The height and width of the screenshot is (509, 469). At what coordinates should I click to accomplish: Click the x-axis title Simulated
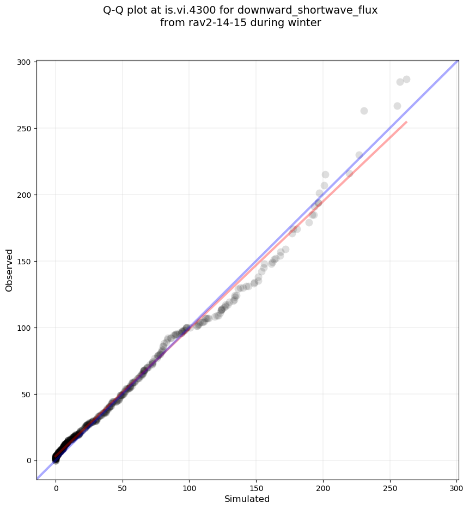(247, 499)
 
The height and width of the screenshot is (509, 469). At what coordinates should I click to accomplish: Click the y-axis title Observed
(9, 270)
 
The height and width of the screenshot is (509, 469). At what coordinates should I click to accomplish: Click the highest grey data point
(406, 80)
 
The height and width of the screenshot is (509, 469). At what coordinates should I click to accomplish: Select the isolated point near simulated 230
(364, 111)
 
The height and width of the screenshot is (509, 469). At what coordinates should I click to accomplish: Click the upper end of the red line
(406, 122)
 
